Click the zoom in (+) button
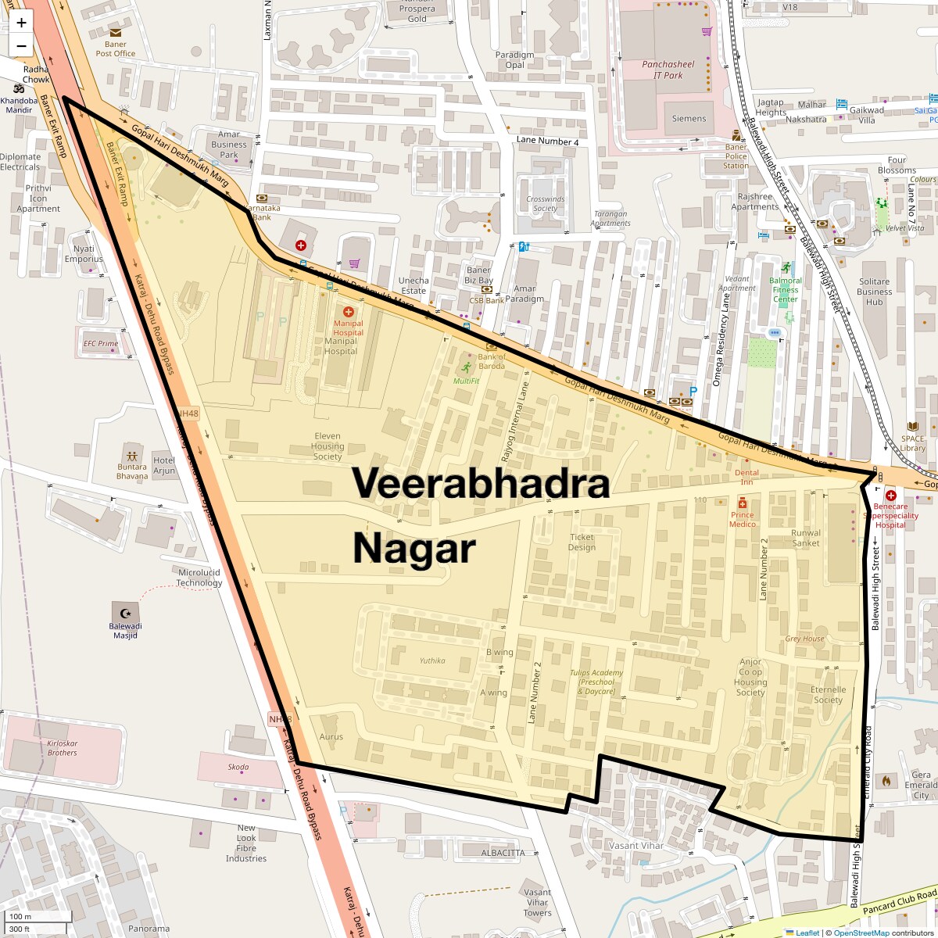(21, 23)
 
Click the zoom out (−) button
(21, 46)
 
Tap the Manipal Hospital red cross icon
(349, 312)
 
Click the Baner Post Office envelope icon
(116, 33)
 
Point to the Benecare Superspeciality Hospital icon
(890, 495)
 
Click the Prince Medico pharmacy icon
(743, 503)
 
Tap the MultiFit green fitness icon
(467, 367)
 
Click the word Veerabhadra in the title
(481, 483)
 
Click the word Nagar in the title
(414, 548)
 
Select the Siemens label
(689, 119)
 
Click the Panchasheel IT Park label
(668, 70)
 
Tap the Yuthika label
(432, 661)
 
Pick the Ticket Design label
(582, 542)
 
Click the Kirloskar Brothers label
(63, 747)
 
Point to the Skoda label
(238, 767)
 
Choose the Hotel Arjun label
(164, 465)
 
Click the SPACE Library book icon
(912, 427)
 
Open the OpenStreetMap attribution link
(861, 933)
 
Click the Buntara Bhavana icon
(131, 456)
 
